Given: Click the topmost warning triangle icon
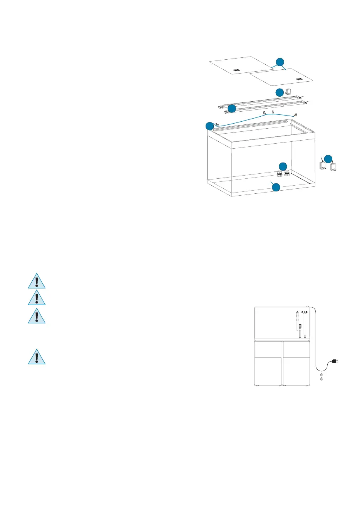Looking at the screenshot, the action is point(37,281).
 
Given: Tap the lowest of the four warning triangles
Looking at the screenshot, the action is point(37,357).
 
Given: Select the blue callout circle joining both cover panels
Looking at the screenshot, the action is point(280,62).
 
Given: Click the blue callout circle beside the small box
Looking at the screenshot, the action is point(279,92).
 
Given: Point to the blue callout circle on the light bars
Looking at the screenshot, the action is point(231,109).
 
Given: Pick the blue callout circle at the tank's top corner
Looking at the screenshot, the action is point(209,126).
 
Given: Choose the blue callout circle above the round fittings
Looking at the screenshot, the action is point(283,166).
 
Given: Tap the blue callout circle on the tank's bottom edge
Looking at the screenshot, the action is point(276,188).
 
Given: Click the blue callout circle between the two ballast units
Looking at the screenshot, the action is point(328,159).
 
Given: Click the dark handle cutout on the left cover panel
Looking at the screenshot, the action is point(237,70).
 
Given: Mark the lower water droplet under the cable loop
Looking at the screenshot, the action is point(321,379).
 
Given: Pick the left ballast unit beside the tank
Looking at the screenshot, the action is point(323,166).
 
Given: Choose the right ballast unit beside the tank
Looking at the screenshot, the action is point(333,167).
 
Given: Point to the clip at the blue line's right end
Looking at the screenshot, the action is point(295,115).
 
